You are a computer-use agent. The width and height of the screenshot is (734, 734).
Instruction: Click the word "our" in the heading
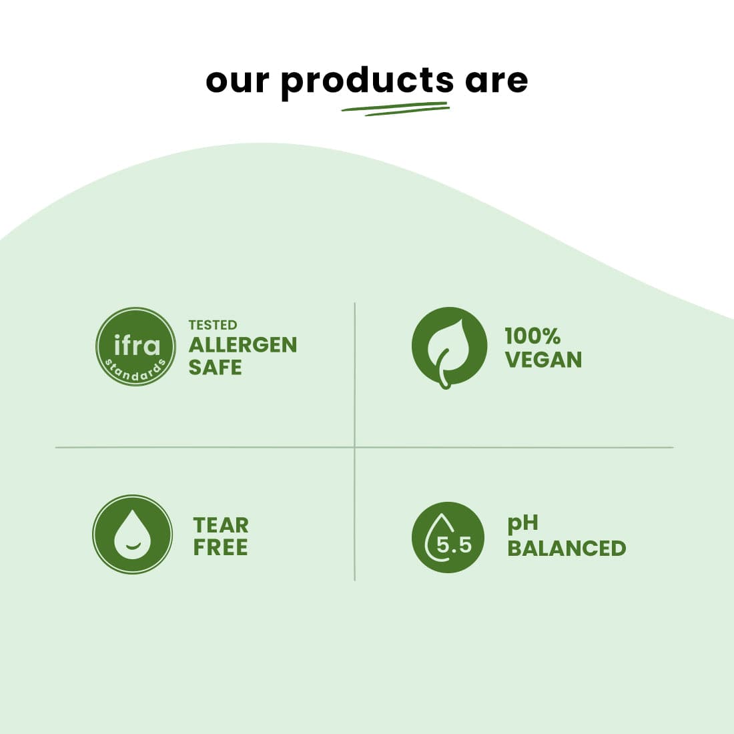tap(238, 81)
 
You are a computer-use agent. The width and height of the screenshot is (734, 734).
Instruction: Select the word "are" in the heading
tap(496, 81)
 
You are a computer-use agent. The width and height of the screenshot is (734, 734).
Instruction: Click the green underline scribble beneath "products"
tap(395, 109)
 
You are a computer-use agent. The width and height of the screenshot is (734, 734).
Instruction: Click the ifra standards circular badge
tap(135, 346)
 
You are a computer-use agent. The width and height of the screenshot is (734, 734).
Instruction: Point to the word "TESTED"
tap(212, 325)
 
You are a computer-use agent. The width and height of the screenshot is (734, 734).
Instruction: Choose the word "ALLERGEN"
tap(242, 345)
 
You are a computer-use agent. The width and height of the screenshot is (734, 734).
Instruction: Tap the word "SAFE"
tap(215, 368)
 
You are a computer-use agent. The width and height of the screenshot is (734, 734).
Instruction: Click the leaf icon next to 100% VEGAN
tap(448, 346)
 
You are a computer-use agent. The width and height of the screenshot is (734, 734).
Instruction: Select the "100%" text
tap(532, 336)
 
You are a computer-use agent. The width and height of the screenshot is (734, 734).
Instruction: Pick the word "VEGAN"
tap(543, 360)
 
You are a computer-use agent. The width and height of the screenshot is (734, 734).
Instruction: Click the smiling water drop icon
tap(133, 534)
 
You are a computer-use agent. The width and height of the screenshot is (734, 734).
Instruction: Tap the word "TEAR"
tap(221, 525)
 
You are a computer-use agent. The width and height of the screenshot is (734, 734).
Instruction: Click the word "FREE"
tap(221, 548)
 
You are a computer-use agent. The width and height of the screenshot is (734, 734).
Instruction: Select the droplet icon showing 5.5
tap(448, 537)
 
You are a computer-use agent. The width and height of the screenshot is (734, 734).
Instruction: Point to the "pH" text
tap(522, 524)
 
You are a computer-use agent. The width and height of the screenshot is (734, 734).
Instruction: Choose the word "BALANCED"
tap(567, 548)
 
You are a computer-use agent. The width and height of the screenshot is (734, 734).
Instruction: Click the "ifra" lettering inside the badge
tap(137, 345)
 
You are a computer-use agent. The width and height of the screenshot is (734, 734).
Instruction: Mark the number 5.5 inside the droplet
tap(454, 545)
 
